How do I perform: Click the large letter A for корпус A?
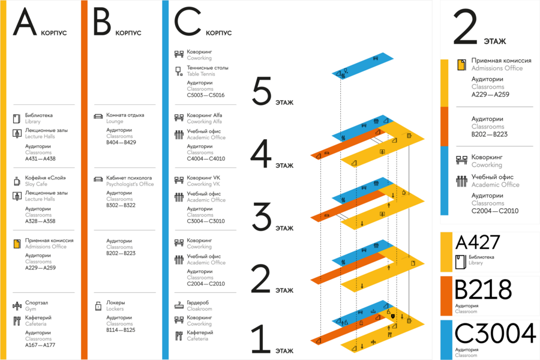point(25,22)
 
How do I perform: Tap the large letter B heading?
point(102,22)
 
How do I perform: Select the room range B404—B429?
point(121,142)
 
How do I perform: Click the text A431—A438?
point(40,159)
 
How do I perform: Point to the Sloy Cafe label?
point(36,184)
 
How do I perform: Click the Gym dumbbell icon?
point(17,305)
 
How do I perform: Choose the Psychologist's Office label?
point(130,184)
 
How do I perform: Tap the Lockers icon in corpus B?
point(98,305)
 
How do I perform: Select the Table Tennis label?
point(201,74)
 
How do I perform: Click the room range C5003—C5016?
point(206,95)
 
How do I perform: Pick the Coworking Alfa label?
point(204,122)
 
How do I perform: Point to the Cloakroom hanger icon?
point(179,305)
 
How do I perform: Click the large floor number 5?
point(262,91)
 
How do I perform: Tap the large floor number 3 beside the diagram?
point(262,217)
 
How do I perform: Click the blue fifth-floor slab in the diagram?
point(362,66)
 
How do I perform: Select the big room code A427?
point(478,242)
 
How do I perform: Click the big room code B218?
point(483,290)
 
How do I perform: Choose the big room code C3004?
point(495,334)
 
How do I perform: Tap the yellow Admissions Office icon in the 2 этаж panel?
point(461,64)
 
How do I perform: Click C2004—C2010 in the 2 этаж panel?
point(495,211)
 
